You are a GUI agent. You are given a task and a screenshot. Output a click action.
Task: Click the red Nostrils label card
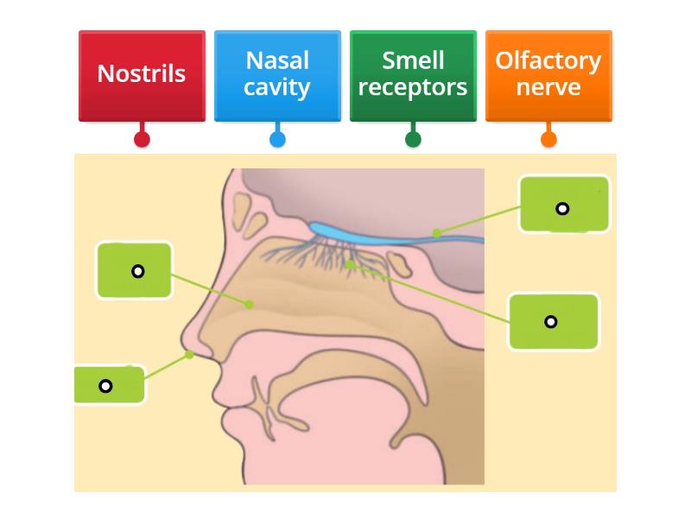pyautogui.click(x=142, y=74)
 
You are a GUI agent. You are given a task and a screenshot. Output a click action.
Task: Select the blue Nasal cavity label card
pyautogui.click(x=277, y=74)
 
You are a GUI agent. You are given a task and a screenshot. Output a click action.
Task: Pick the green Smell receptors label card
pyautogui.click(x=413, y=74)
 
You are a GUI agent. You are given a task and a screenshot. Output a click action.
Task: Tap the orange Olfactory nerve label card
pyautogui.click(x=548, y=74)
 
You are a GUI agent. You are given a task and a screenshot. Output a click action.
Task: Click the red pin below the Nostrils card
pyautogui.click(x=143, y=139)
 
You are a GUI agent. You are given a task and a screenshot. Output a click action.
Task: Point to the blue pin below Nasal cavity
pyautogui.click(x=277, y=139)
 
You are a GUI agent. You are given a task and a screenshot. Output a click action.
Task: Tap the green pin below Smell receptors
pyautogui.click(x=413, y=139)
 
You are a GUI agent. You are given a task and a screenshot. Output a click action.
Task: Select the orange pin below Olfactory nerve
pyautogui.click(x=548, y=139)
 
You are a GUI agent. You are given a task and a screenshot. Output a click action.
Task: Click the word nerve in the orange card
pyautogui.click(x=548, y=88)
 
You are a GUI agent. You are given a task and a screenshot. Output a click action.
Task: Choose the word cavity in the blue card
pyautogui.click(x=277, y=88)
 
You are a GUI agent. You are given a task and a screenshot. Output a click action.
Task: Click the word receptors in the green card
pyautogui.click(x=413, y=88)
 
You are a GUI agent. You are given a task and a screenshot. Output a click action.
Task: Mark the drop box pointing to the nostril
pyautogui.click(x=109, y=385)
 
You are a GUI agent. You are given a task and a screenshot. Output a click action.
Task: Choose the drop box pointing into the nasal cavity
pyautogui.click(x=135, y=271)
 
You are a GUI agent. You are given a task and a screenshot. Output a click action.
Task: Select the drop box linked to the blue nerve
pyautogui.click(x=564, y=205)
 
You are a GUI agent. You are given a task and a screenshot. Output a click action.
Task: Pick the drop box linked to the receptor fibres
pyautogui.click(x=554, y=322)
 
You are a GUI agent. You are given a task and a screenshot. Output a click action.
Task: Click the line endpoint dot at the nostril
pyautogui.click(x=189, y=354)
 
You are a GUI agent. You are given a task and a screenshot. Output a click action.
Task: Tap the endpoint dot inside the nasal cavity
pyautogui.click(x=249, y=304)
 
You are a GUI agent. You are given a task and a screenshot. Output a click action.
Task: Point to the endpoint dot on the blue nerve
pyautogui.click(x=437, y=232)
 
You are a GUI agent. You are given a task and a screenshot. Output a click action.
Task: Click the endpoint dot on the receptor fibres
pyautogui.click(x=349, y=265)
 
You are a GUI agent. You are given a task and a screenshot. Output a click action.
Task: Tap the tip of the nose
pyautogui.click(x=183, y=338)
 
